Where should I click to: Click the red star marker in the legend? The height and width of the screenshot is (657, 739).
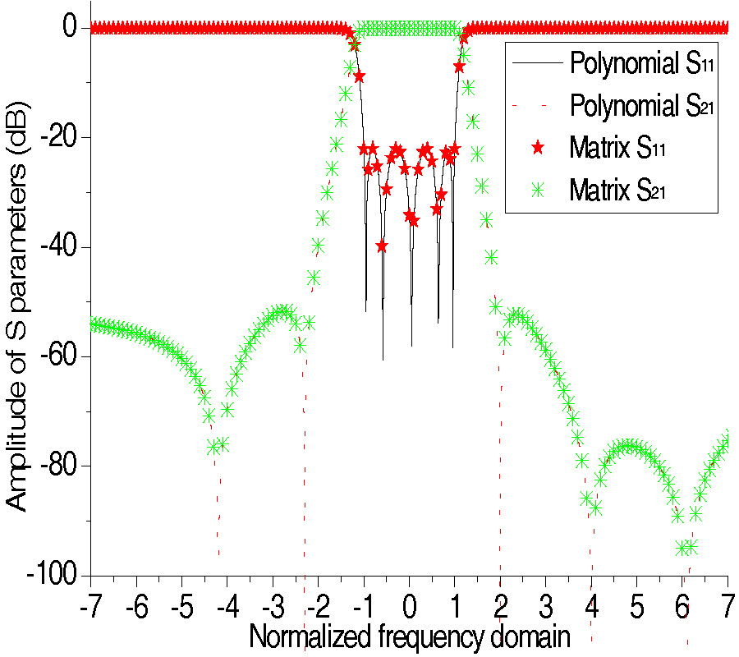[537, 148]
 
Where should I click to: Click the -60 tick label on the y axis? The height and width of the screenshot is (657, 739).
[56, 356]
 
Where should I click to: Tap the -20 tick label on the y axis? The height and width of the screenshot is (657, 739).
[56, 137]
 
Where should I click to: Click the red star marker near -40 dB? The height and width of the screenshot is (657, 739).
[381, 246]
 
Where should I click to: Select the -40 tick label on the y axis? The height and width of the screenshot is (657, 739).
[56, 247]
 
